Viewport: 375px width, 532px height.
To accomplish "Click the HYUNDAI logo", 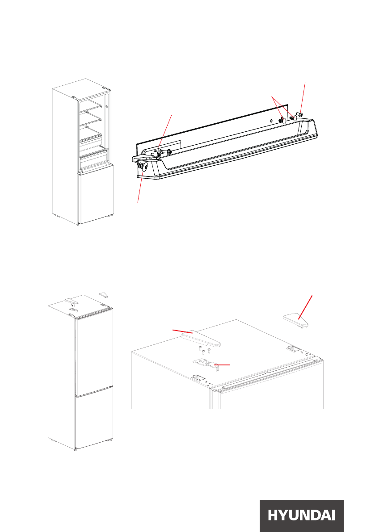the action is tap(301, 515).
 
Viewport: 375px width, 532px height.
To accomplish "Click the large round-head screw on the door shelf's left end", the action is tap(142, 167).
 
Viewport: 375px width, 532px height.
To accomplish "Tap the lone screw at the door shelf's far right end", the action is tap(299, 115).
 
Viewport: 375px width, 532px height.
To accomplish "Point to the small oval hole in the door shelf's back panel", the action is tap(271, 121).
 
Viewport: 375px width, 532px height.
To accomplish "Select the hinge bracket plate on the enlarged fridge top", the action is tap(205, 364).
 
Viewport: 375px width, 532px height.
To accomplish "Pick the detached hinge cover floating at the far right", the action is tap(295, 320).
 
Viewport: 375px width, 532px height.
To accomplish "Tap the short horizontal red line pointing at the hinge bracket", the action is tap(222, 365).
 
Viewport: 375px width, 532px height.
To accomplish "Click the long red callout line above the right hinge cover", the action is tap(305, 307).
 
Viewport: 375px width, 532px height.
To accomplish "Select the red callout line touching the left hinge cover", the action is tap(182, 331).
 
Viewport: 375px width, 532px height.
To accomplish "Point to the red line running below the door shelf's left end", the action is tap(140, 186).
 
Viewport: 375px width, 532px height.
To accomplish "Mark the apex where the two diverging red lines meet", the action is tap(272, 96).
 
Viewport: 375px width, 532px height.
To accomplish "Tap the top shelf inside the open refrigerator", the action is tap(91, 105).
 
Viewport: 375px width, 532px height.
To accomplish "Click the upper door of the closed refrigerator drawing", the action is tap(94, 355).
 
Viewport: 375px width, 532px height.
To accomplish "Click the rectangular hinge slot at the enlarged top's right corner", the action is tap(292, 348).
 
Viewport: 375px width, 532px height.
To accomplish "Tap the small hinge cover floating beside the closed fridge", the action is tap(104, 295).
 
